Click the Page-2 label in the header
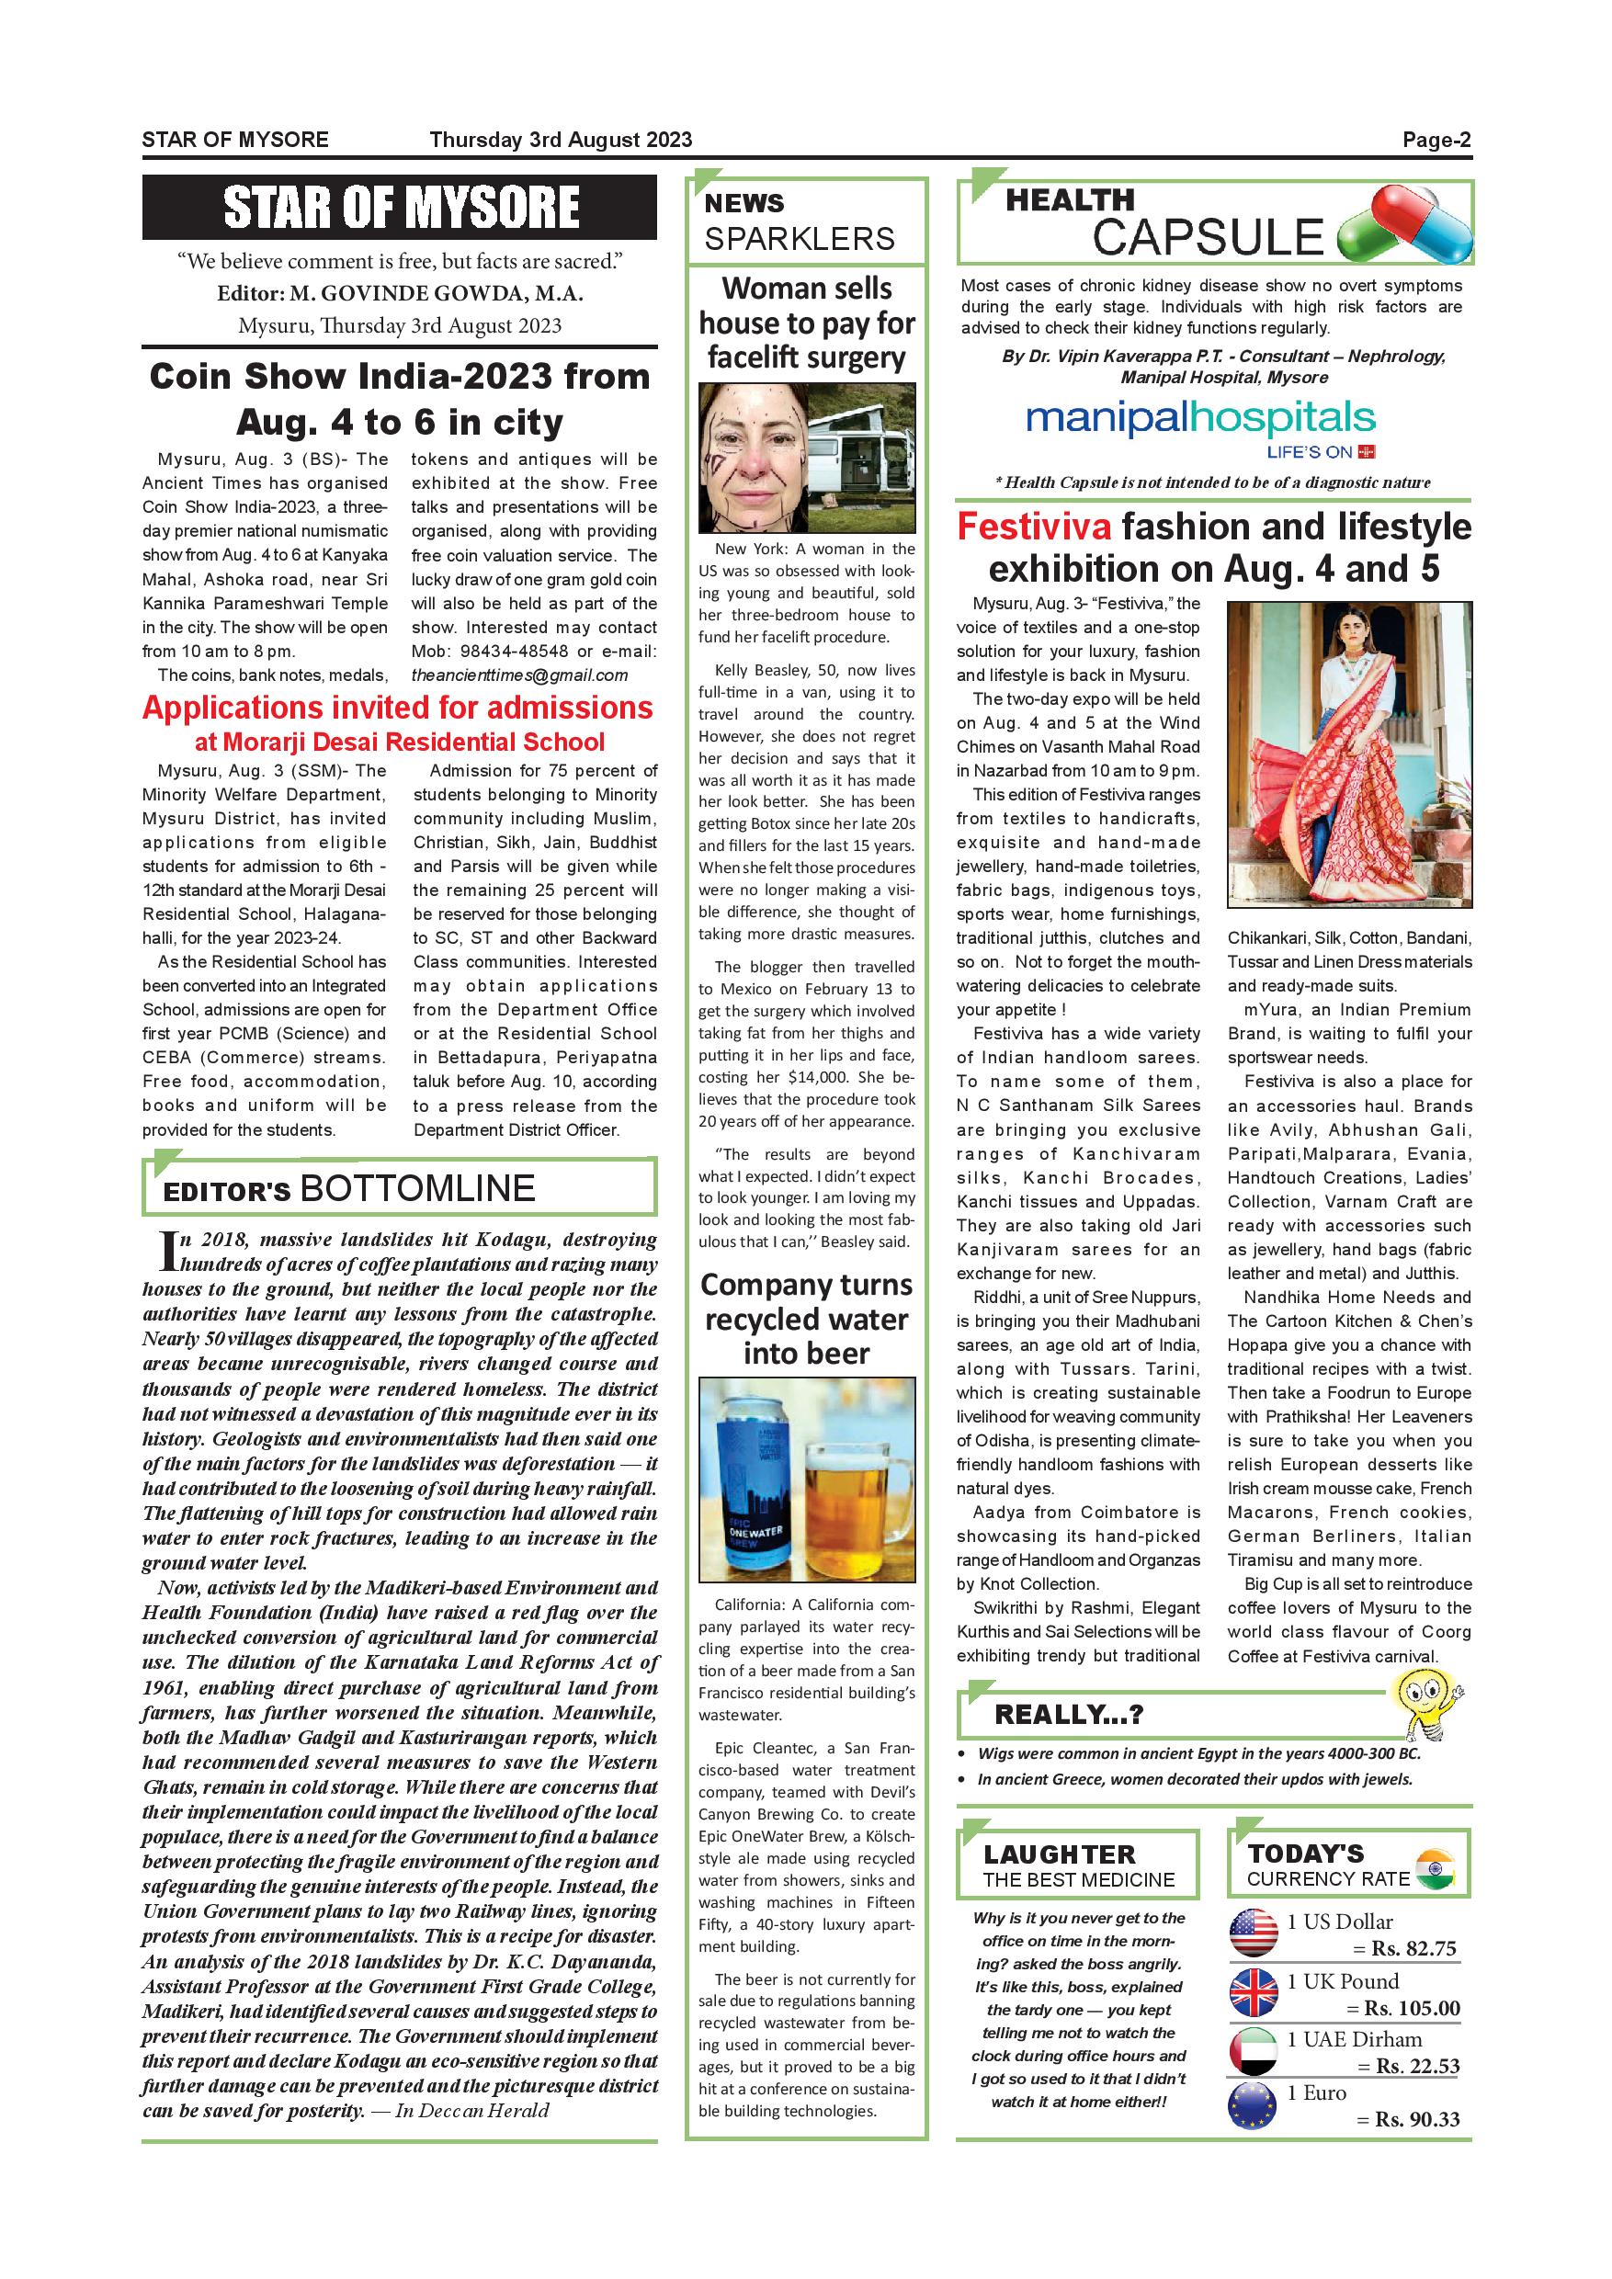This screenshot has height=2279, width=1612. [1436, 140]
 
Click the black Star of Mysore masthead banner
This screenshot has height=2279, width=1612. [399, 208]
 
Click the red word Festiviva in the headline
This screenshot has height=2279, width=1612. [1034, 527]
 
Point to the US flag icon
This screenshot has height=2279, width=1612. [1254, 1933]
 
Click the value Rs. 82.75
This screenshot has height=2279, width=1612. [1413, 1948]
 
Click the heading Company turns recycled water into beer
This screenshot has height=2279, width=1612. [806, 1320]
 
